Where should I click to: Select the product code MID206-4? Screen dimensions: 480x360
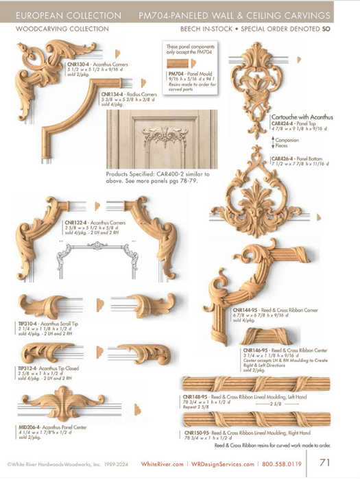(29, 428)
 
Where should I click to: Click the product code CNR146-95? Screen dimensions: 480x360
(255, 350)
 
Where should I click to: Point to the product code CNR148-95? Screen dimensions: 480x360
(196, 396)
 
